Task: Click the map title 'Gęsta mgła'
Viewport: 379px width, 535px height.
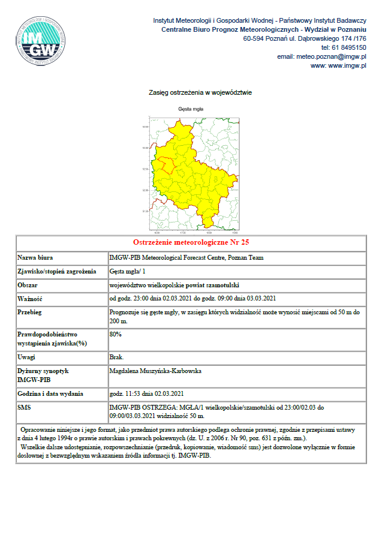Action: pos(191,109)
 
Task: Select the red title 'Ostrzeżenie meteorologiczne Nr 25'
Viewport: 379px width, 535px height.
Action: pos(191,242)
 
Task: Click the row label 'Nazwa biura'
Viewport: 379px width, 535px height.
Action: pos(35,258)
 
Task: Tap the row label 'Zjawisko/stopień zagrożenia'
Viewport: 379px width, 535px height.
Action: pos(57,272)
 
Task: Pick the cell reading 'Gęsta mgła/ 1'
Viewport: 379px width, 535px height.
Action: pos(128,272)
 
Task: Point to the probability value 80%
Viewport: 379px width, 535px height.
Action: pos(116,334)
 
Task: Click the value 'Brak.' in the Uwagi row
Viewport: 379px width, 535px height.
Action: pos(116,357)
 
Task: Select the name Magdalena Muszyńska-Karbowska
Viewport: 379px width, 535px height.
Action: pos(155,371)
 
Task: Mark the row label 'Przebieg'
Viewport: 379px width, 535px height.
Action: pos(31,312)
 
